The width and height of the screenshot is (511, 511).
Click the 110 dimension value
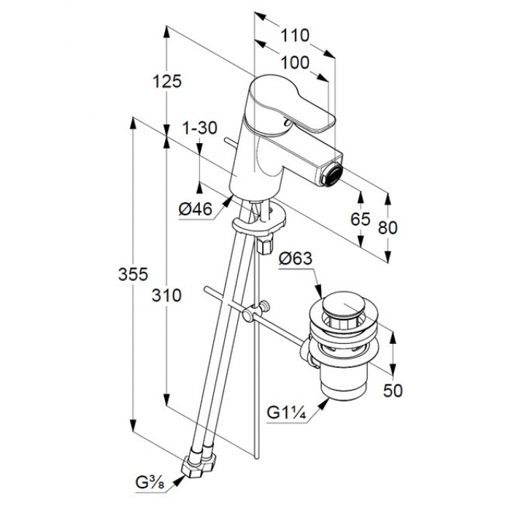[x=295, y=35]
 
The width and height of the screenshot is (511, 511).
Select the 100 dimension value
[x=295, y=63]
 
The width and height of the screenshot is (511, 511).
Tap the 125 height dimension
[x=167, y=81]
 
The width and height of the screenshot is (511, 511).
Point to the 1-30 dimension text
[x=199, y=128]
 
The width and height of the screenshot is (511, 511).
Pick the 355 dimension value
[x=133, y=274]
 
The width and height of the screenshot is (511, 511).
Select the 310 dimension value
[x=166, y=296]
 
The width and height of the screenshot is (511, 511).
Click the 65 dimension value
[x=361, y=219]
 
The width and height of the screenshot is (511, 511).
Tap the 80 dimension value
[x=388, y=227]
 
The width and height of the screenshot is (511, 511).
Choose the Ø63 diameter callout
[x=295, y=259]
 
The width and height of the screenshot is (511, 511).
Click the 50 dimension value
[x=393, y=390]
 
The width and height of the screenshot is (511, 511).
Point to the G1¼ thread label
[x=286, y=412]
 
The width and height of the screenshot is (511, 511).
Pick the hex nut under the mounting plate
[x=266, y=245]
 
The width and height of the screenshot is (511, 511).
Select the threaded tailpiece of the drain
[x=344, y=384]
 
